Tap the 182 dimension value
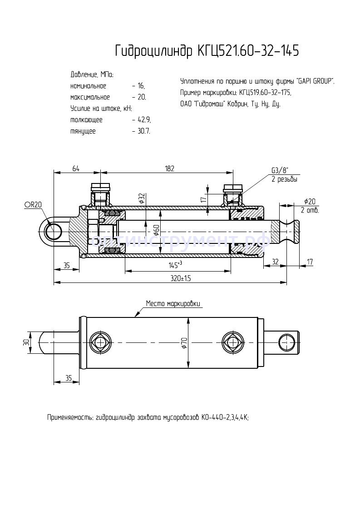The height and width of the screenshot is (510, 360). coord(169,168)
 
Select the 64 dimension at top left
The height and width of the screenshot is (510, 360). coord(76,168)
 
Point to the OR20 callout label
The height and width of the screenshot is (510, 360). coord(33,205)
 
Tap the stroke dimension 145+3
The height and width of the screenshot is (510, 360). coord(174,265)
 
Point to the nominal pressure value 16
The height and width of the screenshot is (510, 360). coord(141,86)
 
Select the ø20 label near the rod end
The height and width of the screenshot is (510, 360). coord(310,202)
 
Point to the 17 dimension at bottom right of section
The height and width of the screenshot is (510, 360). coord(310,262)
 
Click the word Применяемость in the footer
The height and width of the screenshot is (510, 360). coord(69,417)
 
